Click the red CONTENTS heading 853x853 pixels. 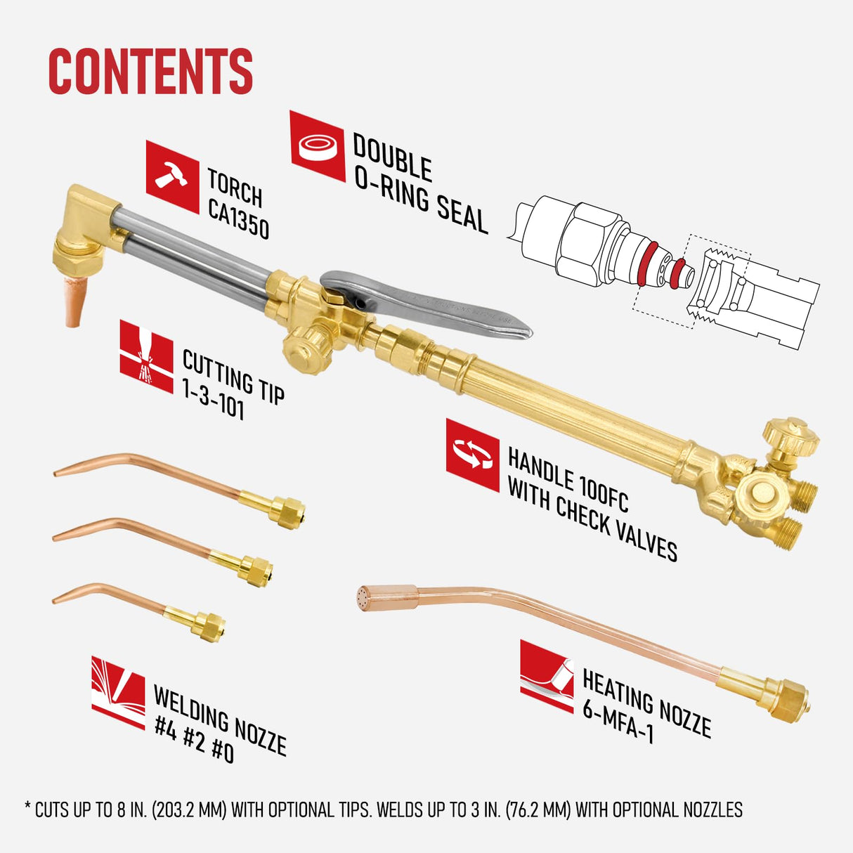point(150,71)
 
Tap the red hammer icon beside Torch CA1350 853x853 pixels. point(172,176)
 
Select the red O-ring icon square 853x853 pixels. point(317,146)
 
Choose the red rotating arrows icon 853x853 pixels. point(472,455)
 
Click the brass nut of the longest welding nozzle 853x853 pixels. point(288,508)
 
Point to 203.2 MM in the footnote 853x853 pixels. point(188,810)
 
